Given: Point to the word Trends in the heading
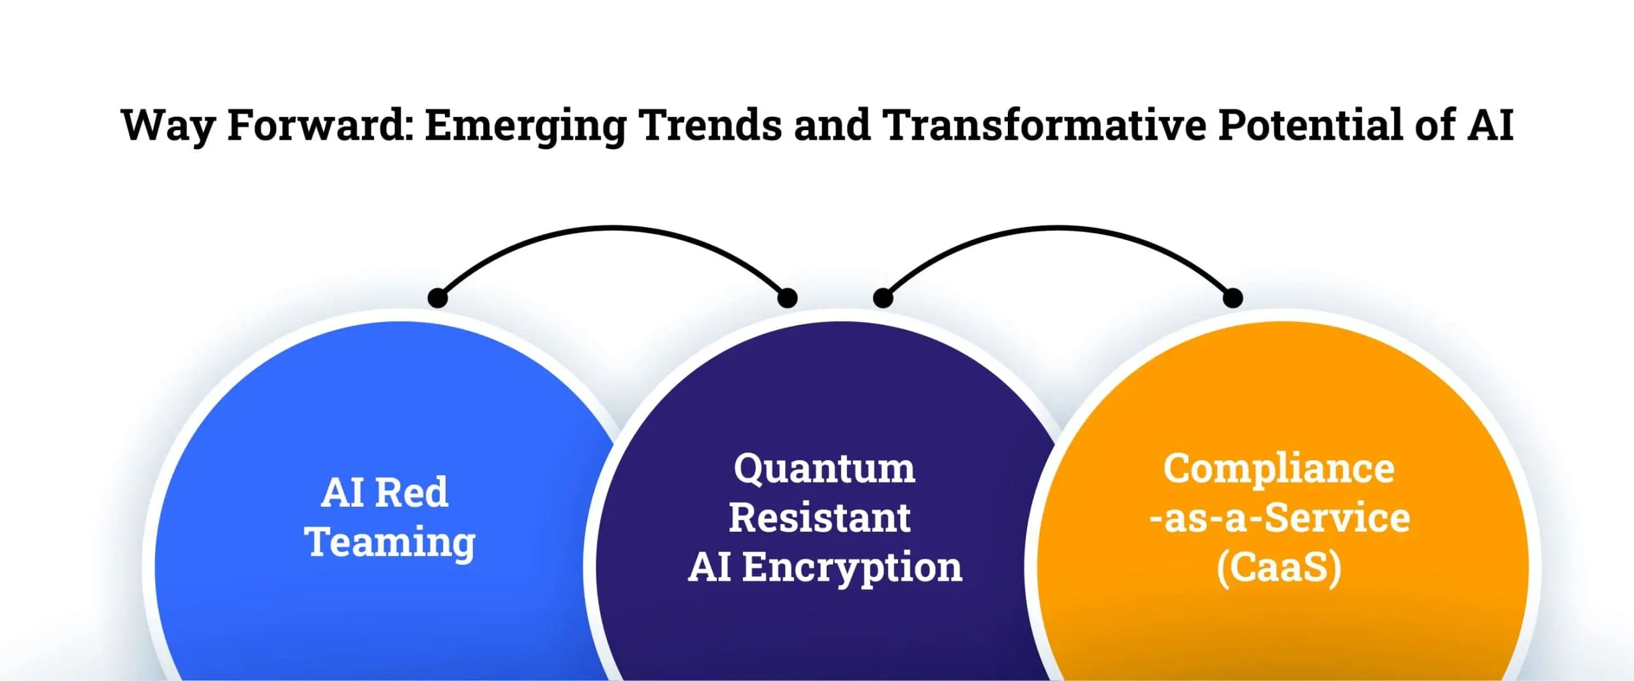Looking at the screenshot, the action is click(x=710, y=124).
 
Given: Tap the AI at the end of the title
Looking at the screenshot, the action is click(x=1490, y=124).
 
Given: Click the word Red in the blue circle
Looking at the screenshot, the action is click(x=412, y=493).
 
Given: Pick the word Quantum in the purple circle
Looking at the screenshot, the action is click(x=825, y=470).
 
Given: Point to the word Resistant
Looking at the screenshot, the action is click(x=820, y=518).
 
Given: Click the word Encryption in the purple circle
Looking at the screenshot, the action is click(x=852, y=569).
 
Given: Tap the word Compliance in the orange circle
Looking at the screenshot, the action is click(x=1278, y=470).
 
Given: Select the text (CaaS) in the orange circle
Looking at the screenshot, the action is click(x=1278, y=568).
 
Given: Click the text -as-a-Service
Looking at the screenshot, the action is click(x=1279, y=518).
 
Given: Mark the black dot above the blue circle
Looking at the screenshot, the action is click(x=437, y=297).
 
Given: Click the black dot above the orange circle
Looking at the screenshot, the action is click(x=1233, y=297).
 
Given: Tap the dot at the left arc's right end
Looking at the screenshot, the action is click(x=788, y=297).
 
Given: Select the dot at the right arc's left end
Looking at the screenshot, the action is click(x=883, y=297).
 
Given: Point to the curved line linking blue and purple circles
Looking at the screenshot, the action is click(x=613, y=227).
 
